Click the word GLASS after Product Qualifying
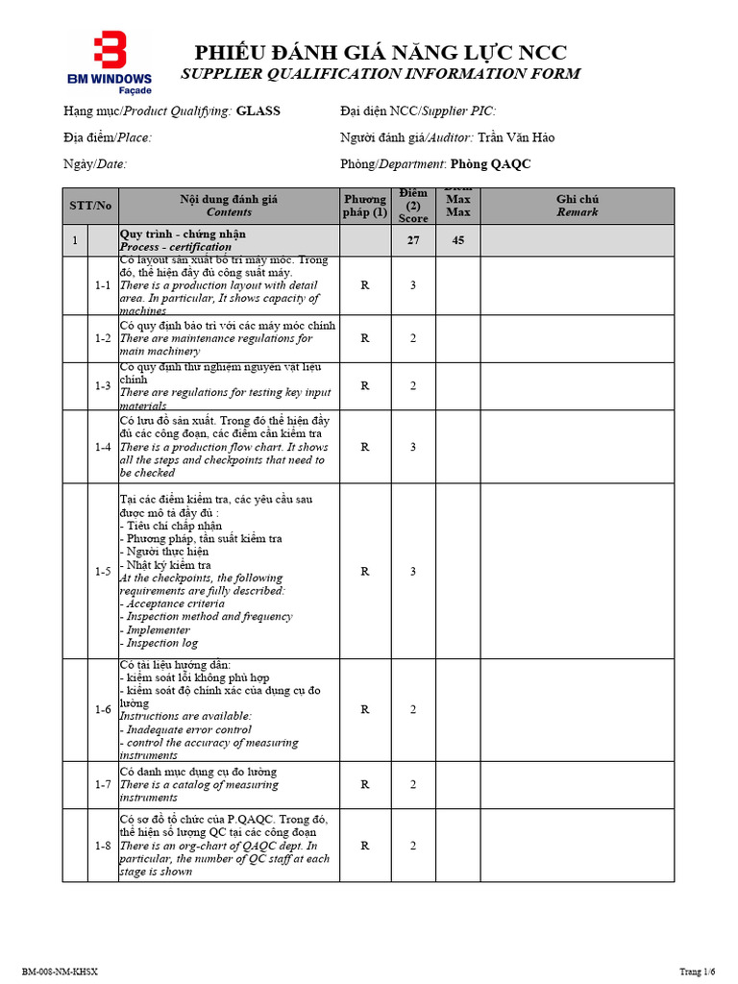tap(258, 111)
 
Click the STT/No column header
tap(90, 206)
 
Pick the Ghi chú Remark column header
tap(578, 206)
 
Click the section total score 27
tap(413, 240)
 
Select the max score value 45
tap(458, 240)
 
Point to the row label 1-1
tap(103, 285)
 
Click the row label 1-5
tap(103, 572)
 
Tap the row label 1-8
tap(103, 846)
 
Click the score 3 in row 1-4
tap(413, 447)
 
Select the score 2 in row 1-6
tap(413, 710)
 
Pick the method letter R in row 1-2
tap(365, 338)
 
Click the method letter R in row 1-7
tap(365, 785)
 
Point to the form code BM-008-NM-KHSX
tap(60, 972)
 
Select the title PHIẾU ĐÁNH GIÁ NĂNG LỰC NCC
tap(381, 53)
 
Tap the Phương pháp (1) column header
tap(365, 206)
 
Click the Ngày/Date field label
tap(95, 164)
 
